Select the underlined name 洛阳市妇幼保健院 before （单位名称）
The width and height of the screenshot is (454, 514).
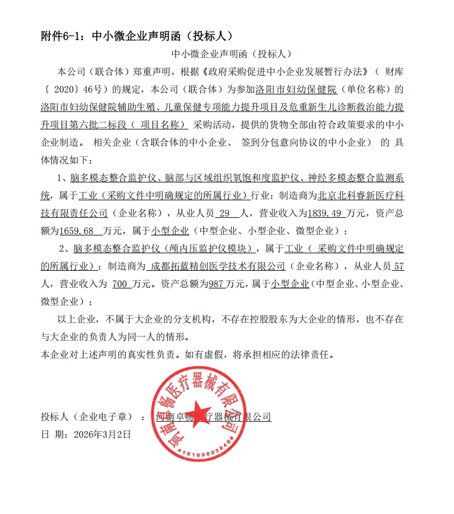(296, 89)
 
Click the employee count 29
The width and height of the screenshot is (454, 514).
(223, 213)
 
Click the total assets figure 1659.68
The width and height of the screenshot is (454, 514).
(79, 231)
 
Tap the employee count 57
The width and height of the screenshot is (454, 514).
(400, 266)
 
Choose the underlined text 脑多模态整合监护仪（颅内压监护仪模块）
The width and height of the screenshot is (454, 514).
(163, 249)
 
